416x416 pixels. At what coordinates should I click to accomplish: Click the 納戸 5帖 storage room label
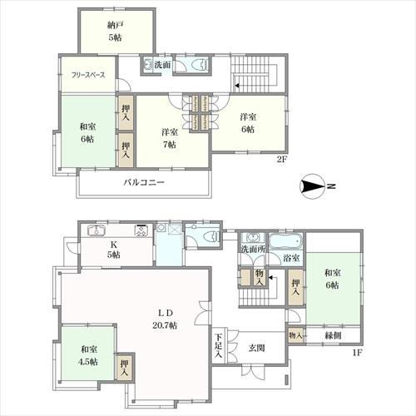[x=115, y=31]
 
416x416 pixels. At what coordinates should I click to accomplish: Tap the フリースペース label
[x=88, y=75]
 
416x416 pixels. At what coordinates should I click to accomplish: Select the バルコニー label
[x=144, y=182]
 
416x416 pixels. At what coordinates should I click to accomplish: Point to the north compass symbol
[x=313, y=186]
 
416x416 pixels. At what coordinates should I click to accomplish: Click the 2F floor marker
[x=281, y=160]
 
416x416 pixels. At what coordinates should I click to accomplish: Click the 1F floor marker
[x=358, y=353]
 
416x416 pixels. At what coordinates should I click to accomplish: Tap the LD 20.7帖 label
[x=165, y=319]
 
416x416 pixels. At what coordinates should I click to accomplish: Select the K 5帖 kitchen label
[x=113, y=250]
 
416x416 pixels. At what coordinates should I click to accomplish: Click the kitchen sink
[x=97, y=230]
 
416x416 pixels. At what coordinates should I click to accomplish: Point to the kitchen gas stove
[x=141, y=230]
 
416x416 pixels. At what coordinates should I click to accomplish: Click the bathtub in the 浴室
[x=285, y=241]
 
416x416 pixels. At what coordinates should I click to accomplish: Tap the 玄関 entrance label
[x=256, y=348]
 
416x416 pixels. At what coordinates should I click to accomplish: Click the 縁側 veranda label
[x=333, y=335]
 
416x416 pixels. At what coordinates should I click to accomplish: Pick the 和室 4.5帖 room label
[x=89, y=355]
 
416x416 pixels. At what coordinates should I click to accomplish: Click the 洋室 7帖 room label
[x=170, y=138]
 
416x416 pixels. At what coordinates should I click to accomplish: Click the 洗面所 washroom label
[x=253, y=249]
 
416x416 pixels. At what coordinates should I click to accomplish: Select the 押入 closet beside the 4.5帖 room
[x=125, y=368]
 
